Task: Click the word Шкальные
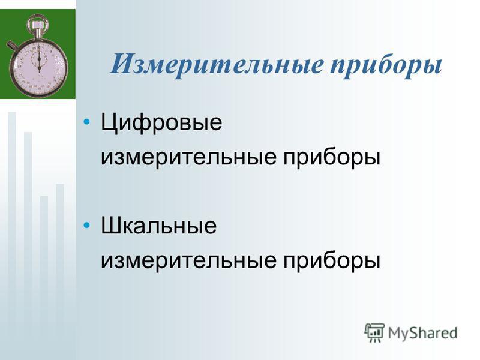[x=158, y=226]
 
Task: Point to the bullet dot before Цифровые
[x=87, y=122]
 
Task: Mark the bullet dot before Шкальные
[x=87, y=226]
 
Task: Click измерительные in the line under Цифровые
[x=188, y=158]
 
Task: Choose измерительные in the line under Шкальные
[x=188, y=261]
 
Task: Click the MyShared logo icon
[x=374, y=333]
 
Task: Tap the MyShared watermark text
[x=423, y=333]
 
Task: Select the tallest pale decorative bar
[x=12, y=236]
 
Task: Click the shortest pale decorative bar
[x=44, y=278]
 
